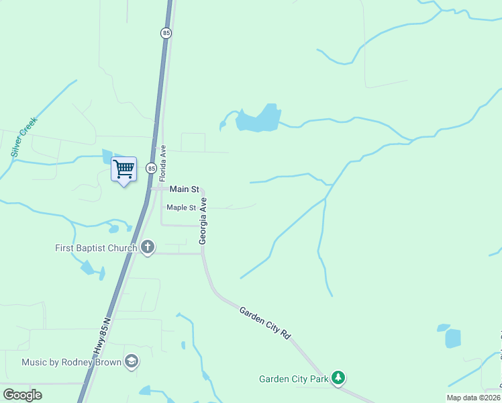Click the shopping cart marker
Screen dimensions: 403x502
(x=123, y=169)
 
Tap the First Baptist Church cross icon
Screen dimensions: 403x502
(x=148, y=248)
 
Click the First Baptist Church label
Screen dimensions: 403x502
(x=96, y=249)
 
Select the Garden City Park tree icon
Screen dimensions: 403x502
(x=339, y=379)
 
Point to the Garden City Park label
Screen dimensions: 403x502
(x=294, y=379)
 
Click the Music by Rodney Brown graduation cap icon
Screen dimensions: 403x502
(x=132, y=362)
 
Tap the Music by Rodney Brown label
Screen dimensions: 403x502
(x=72, y=363)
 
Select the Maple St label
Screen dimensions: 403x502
(x=181, y=208)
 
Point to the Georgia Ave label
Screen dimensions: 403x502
(x=202, y=225)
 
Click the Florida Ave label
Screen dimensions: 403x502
(x=162, y=163)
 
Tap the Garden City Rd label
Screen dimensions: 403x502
(x=265, y=322)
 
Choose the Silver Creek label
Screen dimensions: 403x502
(x=24, y=137)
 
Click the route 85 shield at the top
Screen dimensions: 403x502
(x=165, y=32)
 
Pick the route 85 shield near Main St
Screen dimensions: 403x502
(x=152, y=168)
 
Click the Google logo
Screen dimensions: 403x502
(x=22, y=395)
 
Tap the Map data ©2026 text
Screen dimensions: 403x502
(x=473, y=398)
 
